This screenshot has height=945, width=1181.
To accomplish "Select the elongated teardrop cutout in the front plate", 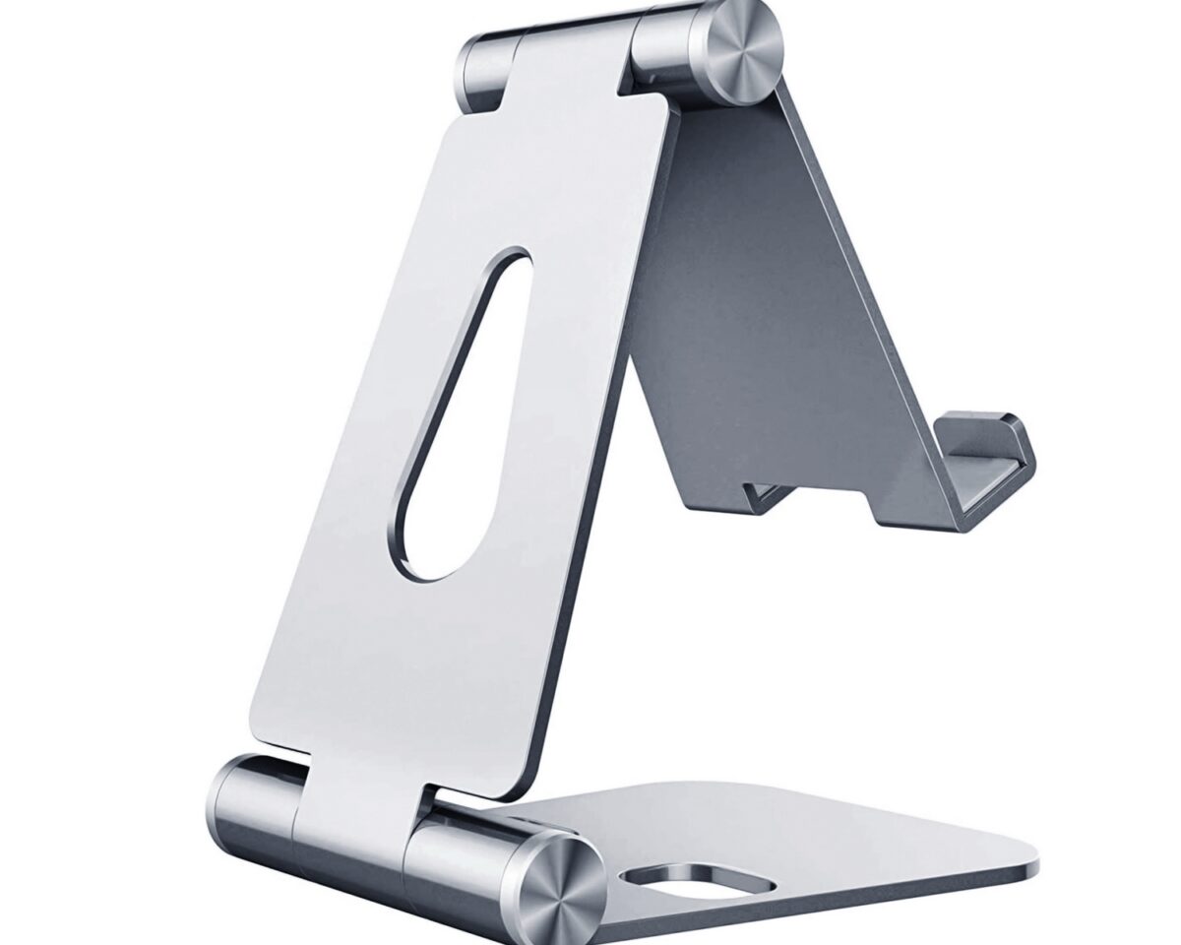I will (x=463, y=413).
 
